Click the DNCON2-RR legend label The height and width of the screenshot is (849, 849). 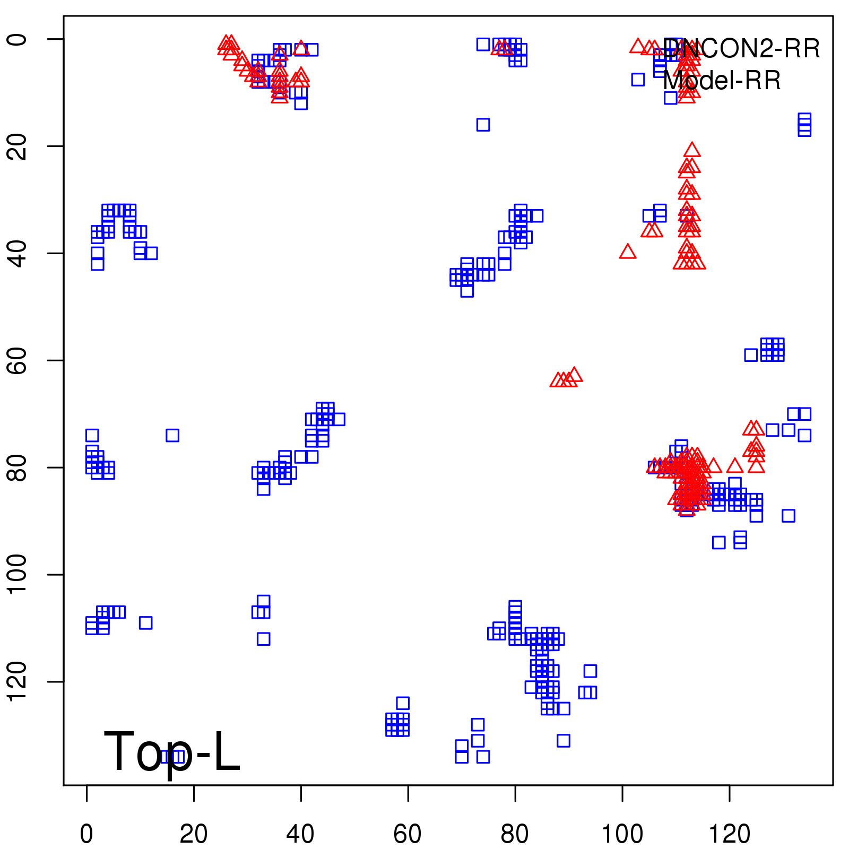coord(741,49)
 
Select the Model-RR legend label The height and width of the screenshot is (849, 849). coord(722,81)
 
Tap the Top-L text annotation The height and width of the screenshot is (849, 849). coord(172,751)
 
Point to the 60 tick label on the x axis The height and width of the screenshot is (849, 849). coord(408,834)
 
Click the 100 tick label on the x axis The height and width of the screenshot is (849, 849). coord(622,834)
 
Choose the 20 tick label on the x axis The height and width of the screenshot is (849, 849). coord(194,834)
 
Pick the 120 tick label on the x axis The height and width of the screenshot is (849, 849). coord(730,834)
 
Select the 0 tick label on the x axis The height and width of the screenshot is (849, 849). coord(86,834)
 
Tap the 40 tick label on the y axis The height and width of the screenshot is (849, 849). coord(17,253)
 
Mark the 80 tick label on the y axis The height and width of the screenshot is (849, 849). coord(17,467)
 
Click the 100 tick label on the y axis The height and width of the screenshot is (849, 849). coord(17,575)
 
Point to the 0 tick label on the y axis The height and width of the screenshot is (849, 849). coord(17,39)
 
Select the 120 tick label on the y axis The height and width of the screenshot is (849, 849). coord(17,682)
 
